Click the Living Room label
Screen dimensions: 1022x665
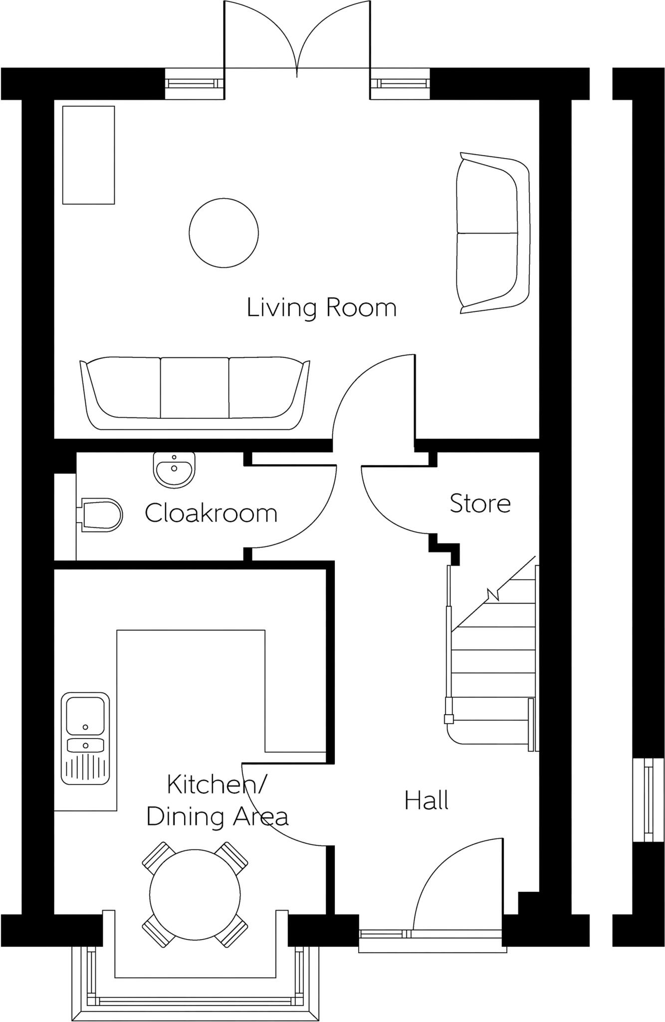321,307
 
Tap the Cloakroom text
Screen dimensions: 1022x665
211,513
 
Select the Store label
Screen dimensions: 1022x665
480,504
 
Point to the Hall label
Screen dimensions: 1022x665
426,800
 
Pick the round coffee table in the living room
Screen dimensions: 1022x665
223,233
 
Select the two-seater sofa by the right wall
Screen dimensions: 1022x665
491,234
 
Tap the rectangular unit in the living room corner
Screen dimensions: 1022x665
88,155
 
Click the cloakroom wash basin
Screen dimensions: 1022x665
174,469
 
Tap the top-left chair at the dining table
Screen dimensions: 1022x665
157,856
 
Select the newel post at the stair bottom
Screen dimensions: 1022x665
448,719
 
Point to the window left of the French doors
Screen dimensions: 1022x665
195,83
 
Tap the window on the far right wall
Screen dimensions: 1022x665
648,800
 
